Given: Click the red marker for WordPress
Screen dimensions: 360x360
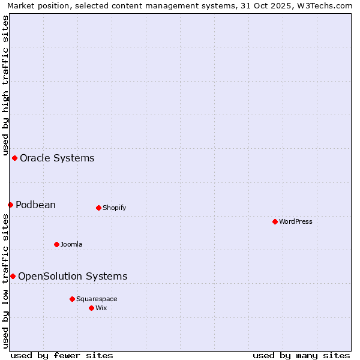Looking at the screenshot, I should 275,221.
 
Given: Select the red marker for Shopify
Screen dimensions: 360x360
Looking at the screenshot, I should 98,208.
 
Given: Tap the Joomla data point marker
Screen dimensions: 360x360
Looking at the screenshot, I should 56,244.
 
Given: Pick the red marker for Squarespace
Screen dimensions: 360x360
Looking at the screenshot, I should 72,299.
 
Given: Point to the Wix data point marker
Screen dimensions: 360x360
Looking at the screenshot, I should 91,308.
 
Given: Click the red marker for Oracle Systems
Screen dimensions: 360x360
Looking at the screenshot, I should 14,158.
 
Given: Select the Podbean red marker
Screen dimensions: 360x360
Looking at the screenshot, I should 10,205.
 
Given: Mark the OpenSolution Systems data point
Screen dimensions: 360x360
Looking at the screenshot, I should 13,276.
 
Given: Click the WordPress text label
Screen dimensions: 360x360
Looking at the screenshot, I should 296,221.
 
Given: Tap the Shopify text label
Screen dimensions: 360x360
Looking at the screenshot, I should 114,208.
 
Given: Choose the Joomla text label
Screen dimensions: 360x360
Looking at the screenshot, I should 71,244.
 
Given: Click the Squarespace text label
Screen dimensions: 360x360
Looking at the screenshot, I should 97,299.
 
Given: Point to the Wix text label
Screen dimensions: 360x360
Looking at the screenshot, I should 101,308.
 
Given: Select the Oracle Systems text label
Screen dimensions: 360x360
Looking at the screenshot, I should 57,158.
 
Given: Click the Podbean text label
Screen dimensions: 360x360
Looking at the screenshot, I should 35,205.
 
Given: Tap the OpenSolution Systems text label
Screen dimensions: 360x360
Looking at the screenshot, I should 73,276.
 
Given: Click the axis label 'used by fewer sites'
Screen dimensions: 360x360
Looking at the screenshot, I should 62,355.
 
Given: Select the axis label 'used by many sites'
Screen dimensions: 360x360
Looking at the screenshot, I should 301,355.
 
